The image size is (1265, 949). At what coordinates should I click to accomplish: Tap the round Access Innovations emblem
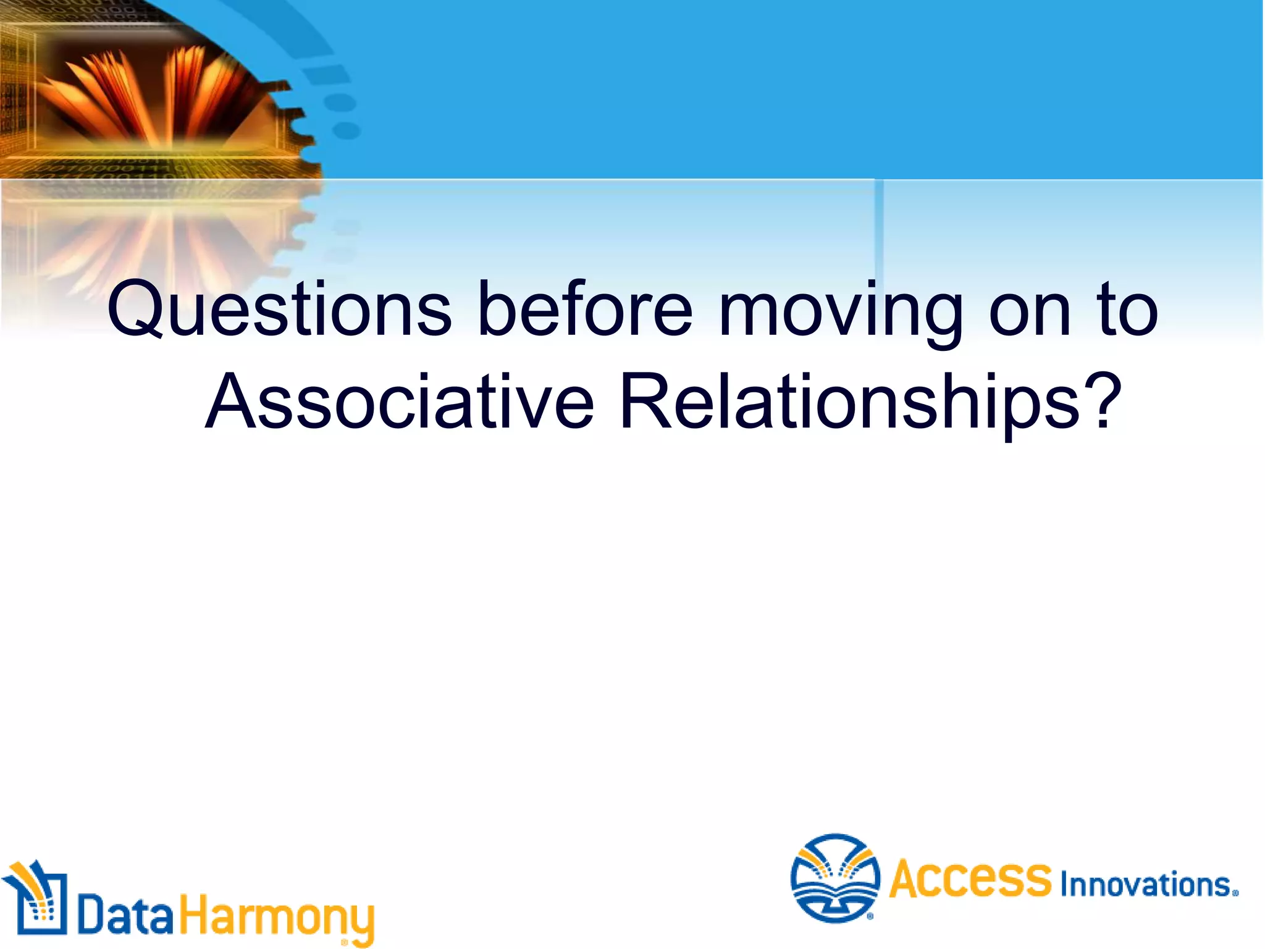[x=835, y=878]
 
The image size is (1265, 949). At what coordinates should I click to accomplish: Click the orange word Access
[x=970, y=879]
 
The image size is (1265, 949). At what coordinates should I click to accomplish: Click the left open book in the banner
[x=111, y=99]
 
